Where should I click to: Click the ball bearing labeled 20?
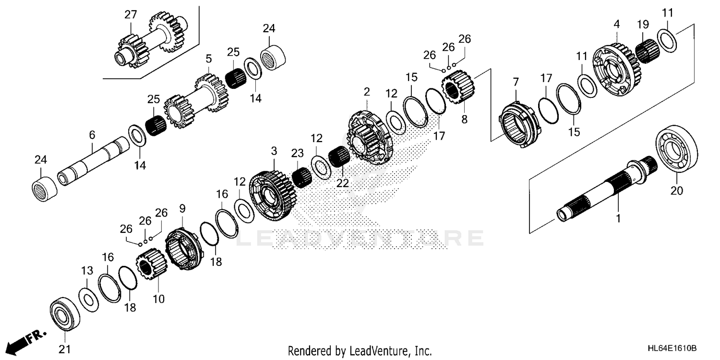click(x=676, y=148)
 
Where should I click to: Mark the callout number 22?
click(x=342, y=183)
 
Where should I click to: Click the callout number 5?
click(x=208, y=59)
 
